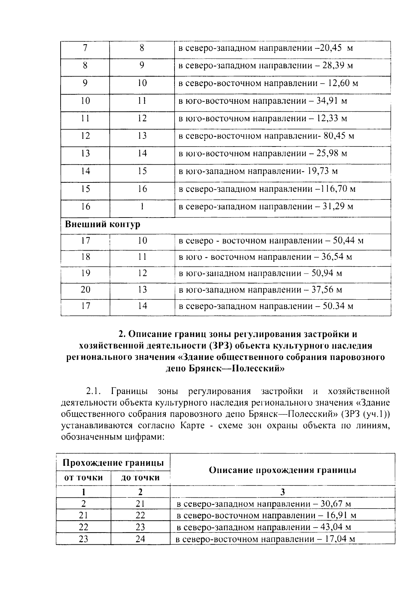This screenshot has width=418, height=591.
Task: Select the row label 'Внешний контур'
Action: tap(102, 224)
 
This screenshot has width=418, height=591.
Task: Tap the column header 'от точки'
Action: tap(84, 478)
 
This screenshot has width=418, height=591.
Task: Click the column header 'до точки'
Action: tap(140, 478)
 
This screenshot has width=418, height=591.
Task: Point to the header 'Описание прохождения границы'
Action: tap(282, 470)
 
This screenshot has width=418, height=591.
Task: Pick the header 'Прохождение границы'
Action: tap(113, 463)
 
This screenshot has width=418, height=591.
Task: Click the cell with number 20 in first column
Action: tap(85, 290)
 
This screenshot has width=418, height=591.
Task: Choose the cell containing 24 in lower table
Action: tap(140, 539)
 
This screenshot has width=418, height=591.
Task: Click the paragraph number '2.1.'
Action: tap(93, 392)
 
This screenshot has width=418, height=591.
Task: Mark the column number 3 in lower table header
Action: tap(282, 492)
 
